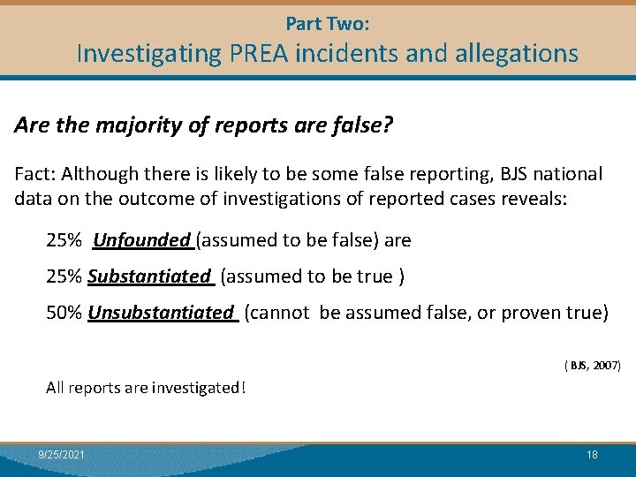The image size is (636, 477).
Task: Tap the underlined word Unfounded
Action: pyautogui.click(x=141, y=240)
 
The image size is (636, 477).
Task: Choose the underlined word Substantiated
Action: pyautogui.click(x=150, y=276)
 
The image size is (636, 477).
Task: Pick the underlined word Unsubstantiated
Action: pyautogui.click(x=162, y=313)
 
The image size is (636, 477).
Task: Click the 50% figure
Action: pyautogui.click(x=64, y=313)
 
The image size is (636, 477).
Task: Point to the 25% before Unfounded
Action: pyautogui.click(x=64, y=240)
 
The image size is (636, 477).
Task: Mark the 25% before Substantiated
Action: pyautogui.click(x=64, y=276)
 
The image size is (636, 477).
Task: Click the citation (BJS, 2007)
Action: pyautogui.click(x=592, y=365)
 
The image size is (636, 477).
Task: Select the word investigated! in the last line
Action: pyautogui.click(x=199, y=387)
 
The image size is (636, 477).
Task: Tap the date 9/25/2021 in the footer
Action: pyautogui.click(x=62, y=454)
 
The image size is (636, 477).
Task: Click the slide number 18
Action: pyautogui.click(x=592, y=454)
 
